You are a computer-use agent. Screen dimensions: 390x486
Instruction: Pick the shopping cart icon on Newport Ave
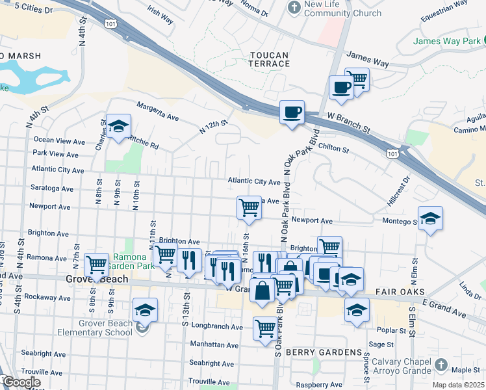click(x=249, y=207)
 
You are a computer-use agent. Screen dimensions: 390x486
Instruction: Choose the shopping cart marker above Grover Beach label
click(x=97, y=264)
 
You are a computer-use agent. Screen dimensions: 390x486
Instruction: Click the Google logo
click(x=21, y=382)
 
